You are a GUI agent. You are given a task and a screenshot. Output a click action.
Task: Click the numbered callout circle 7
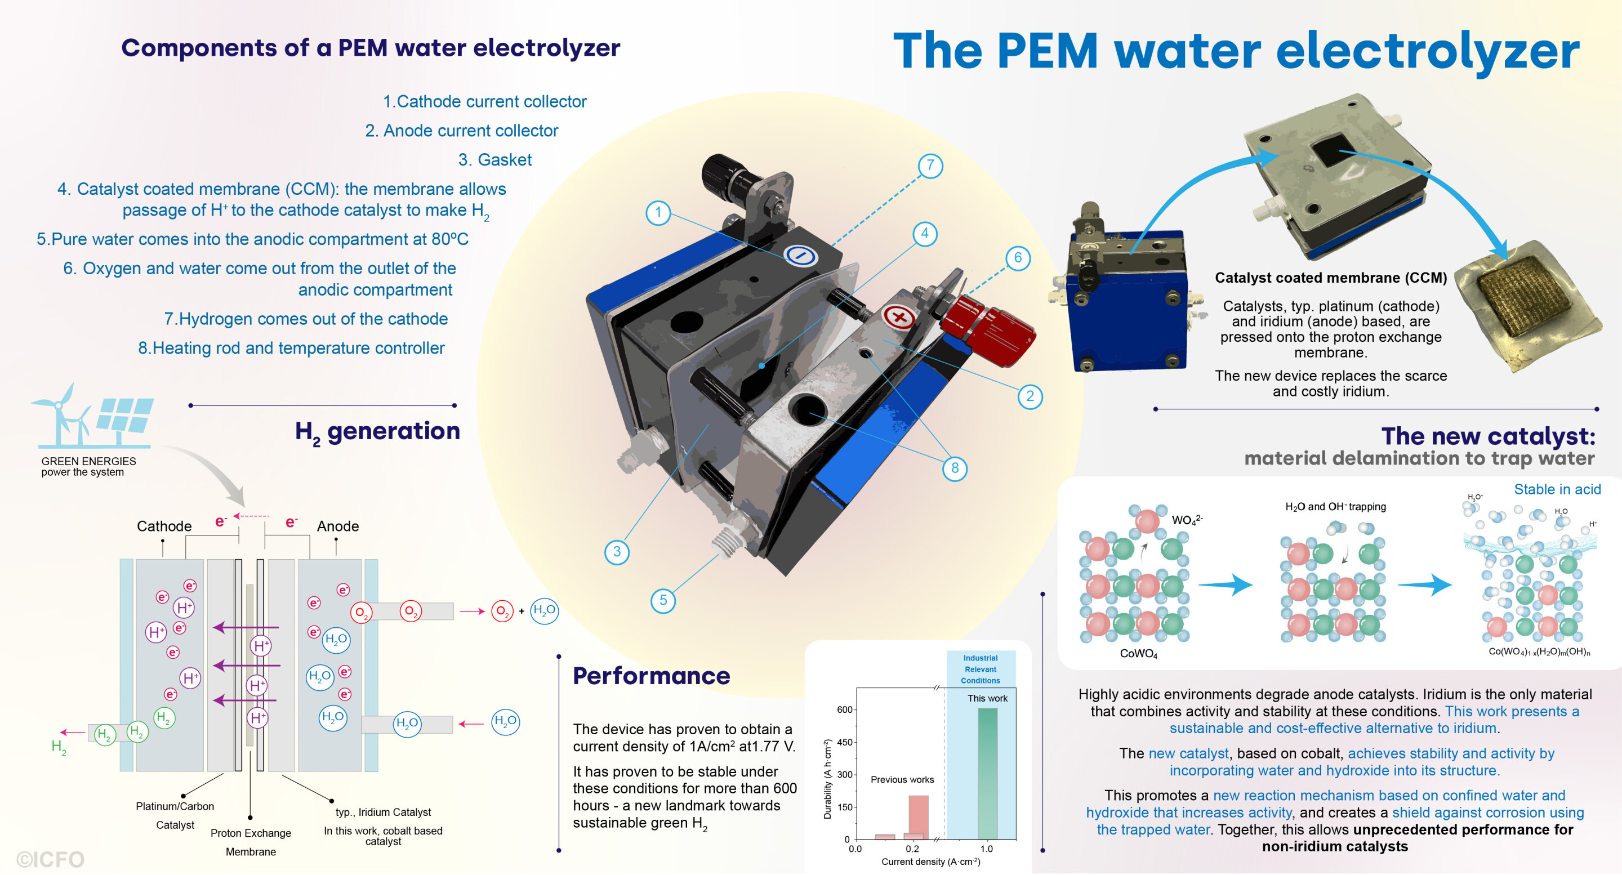(930, 166)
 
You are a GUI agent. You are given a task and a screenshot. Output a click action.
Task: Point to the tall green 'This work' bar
(987, 773)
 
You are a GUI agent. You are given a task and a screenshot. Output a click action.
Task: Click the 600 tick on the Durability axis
(844, 709)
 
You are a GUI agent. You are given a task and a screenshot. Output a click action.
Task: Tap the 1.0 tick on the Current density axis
(986, 849)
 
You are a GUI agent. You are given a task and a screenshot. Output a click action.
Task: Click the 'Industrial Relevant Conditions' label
(980, 669)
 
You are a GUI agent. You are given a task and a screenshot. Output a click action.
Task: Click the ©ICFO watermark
(50, 859)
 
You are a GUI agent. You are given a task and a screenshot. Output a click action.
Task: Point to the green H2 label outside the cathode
(59, 747)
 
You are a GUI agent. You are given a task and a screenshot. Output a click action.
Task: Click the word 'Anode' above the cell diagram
(337, 526)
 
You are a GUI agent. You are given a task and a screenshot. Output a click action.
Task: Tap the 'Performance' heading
(651, 676)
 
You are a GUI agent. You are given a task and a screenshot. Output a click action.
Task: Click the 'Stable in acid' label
(1557, 489)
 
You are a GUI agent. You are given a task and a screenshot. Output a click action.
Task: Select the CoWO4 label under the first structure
(1138, 653)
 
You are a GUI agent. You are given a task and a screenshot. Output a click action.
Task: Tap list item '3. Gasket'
(494, 160)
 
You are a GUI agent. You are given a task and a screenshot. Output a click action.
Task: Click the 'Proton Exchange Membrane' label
(251, 842)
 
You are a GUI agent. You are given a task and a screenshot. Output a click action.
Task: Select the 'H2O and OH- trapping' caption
(1335, 507)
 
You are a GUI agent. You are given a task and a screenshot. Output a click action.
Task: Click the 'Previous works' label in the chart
(902, 779)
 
